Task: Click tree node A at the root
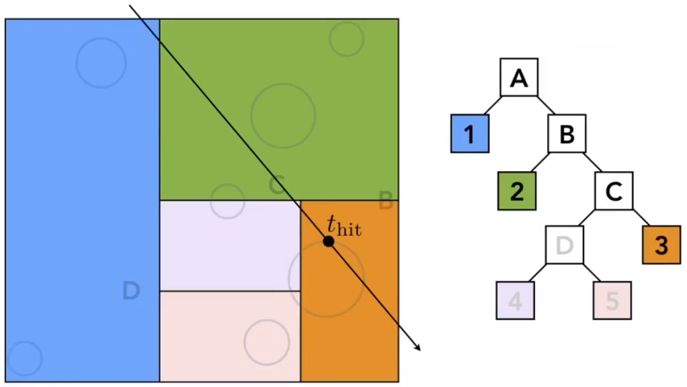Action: click(x=519, y=77)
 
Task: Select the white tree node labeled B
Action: click(x=567, y=133)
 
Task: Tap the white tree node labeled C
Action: click(x=614, y=190)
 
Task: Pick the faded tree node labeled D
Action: click(x=565, y=245)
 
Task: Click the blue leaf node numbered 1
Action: click(x=469, y=133)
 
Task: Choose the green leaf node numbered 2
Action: click(x=516, y=190)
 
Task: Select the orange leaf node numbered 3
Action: click(x=661, y=245)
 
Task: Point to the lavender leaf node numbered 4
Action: click(x=515, y=300)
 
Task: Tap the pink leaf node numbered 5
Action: click(x=612, y=300)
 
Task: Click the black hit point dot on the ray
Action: click(x=328, y=241)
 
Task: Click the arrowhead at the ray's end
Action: click(x=418, y=348)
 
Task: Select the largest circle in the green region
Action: click(x=283, y=115)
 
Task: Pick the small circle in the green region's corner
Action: click(x=347, y=39)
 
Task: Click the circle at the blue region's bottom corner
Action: click(x=25, y=359)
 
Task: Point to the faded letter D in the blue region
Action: click(x=131, y=290)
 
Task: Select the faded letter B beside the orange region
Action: click(x=386, y=201)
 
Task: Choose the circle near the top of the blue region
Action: click(x=101, y=62)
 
